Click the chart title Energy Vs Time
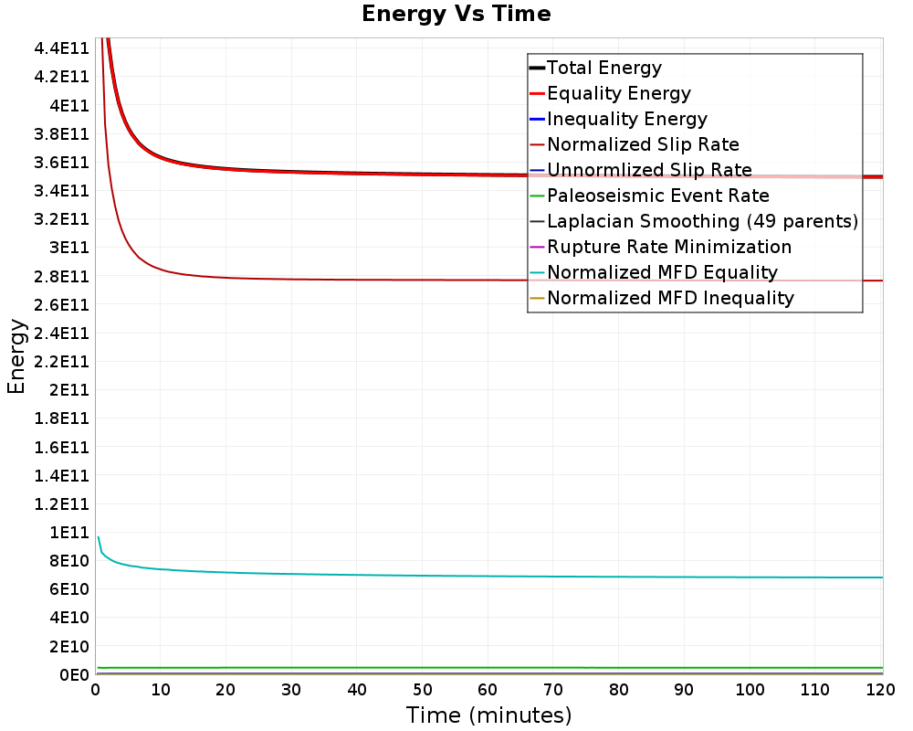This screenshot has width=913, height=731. [456, 14]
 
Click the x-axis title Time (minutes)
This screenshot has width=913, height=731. [488, 715]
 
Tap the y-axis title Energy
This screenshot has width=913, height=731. [16, 356]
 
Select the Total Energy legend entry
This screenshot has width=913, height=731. [595, 68]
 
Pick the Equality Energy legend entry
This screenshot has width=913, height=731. [610, 93]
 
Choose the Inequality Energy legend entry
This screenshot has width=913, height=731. [618, 119]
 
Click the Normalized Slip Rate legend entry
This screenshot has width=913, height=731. [635, 144]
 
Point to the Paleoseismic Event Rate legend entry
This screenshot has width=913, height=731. [649, 196]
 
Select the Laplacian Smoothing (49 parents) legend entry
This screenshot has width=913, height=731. [694, 221]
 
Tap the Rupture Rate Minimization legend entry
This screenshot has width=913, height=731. [660, 247]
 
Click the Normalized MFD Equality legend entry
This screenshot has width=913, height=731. [654, 273]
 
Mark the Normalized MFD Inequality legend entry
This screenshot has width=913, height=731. [661, 299]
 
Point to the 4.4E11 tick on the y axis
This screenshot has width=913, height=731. [61, 48]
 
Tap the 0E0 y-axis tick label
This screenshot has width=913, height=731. [74, 675]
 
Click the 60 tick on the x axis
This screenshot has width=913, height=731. [488, 690]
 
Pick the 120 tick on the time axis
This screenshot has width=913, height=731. [880, 690]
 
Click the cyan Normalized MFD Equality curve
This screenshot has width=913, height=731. [489, 577]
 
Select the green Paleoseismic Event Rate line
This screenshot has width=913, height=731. [489, 667]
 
